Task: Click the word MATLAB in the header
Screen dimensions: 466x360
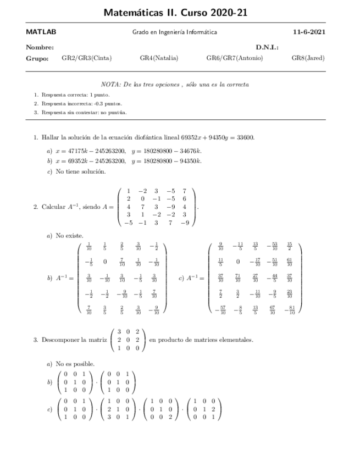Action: [x=41, y=32]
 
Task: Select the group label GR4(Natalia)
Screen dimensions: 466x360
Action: [x=159, y=58]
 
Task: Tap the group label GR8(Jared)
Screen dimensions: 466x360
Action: [x=308, y=58]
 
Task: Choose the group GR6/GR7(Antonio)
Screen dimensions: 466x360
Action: [x=235, y=58]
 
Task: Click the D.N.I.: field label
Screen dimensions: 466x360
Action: [x=267, y=48]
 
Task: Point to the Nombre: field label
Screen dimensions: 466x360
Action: [x=40, y=48]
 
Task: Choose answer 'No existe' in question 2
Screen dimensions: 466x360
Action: [x=70, y=236]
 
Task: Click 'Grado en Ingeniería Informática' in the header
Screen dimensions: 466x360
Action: [x=174, y=32]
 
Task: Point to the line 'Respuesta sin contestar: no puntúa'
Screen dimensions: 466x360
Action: [x=84, y=112]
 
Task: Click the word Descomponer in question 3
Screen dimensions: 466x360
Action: [x=60, y=340]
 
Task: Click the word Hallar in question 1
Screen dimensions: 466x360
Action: [x=50, y=137]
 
